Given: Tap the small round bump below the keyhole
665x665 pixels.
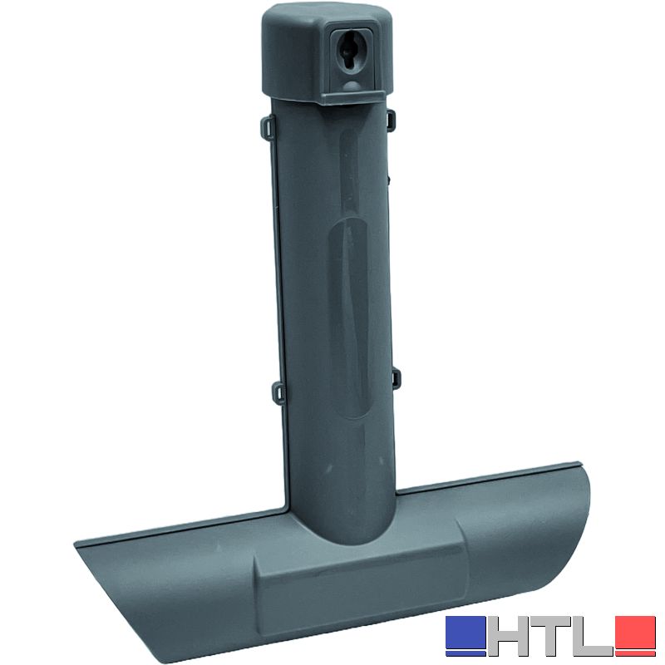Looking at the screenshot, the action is (352, 86).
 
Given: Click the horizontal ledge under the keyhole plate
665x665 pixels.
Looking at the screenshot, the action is (355, 97).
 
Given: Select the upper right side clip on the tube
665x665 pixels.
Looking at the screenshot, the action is (391, 117).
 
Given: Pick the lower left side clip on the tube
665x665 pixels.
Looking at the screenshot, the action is (279, 392).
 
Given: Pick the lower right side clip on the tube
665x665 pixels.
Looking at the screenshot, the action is (396, 378).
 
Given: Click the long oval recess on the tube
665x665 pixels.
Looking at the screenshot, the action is (349, 318).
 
